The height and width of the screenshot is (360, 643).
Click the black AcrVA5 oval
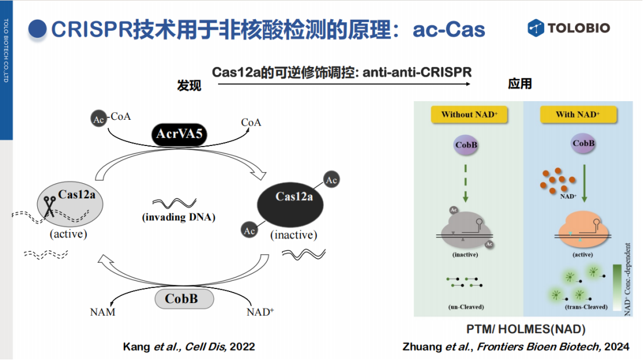[x=179, y=134]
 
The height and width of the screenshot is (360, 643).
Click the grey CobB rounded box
[x=184, y=298]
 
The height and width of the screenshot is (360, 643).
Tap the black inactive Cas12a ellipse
[x=290, y=205]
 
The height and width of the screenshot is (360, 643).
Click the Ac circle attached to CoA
[x=98, y=119]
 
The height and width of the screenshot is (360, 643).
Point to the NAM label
[x=102, y=312]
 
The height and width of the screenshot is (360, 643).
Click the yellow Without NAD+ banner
[x=469, y=115]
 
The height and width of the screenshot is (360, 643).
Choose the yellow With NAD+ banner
[x=578, y=115]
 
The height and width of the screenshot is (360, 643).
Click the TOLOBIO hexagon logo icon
[x=535, y=28]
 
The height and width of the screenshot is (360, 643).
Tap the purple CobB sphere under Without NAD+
[x=466, y=145]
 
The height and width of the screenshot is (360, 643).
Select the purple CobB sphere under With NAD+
[x=583, y=144]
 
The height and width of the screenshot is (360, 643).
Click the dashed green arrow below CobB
[x=466, y=183]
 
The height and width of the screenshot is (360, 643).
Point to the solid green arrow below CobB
[x=584, y=183]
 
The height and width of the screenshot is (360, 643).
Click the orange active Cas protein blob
[x=583, y=230]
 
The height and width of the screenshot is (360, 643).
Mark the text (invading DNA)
[x=179, y=217]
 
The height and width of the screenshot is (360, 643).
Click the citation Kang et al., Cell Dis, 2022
[x=188, y=347]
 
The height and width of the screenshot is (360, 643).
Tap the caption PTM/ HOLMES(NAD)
[x=526, y=329]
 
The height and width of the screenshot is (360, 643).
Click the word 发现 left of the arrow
[x=189, y=85]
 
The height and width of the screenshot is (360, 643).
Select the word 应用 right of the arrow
[x=520, y=84]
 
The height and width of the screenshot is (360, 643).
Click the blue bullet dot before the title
[x=37, y=30]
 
